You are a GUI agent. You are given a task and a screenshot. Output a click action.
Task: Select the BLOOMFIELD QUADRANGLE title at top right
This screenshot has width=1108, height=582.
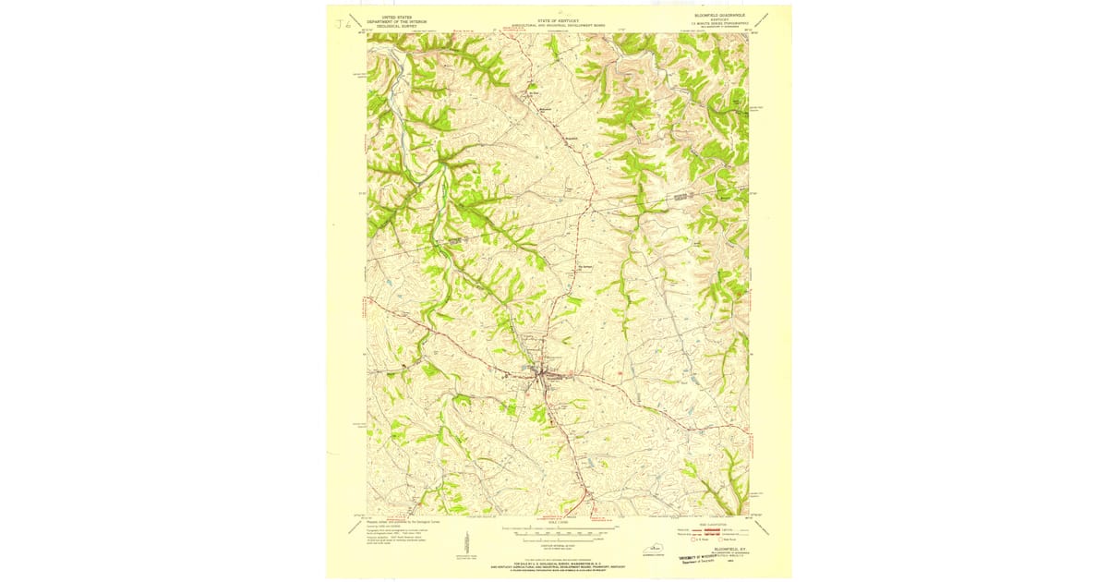pos(721,16)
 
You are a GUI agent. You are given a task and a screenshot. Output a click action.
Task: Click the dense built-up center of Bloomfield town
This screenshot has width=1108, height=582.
pos(544,373)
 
